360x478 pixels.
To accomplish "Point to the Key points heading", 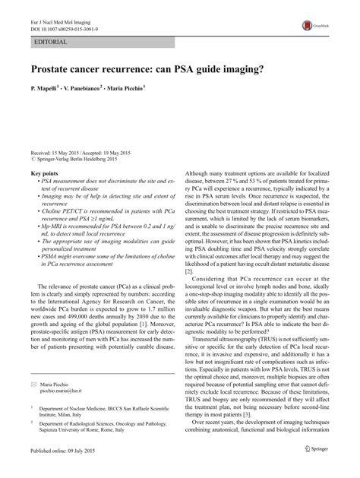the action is click(x=47, y=173).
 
